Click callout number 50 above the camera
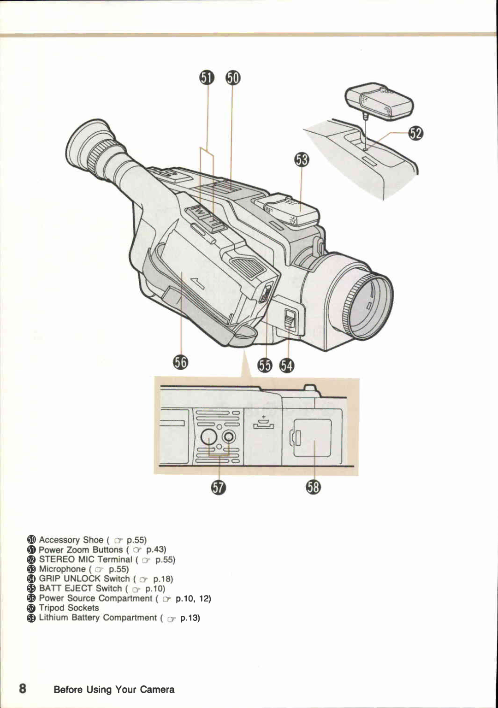(x=232, y=78)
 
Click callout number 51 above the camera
(x=207, y=78)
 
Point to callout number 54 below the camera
(x=286, y=366)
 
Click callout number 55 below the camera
(x=265, y=366)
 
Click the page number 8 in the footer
(x=22, y=689)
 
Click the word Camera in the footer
(x=157, y=690)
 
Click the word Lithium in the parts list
(x=53, y=618)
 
